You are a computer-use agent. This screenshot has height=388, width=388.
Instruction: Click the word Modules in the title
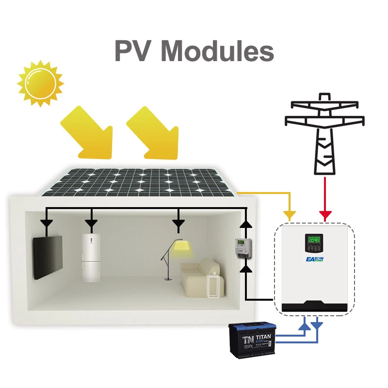click(218, 51)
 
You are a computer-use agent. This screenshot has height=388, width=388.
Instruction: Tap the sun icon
click(40, 83)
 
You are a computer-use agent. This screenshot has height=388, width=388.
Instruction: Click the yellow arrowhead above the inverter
click(290, 214)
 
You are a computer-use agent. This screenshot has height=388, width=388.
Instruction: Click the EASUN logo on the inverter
click(314, 260)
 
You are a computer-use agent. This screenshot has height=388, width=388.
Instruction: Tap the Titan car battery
click(252, 339)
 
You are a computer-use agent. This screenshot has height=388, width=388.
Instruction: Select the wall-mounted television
click(48, 257)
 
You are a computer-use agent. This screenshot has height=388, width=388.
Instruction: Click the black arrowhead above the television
click(47, 224)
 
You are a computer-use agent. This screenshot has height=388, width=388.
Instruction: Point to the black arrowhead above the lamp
click(179, 224)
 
